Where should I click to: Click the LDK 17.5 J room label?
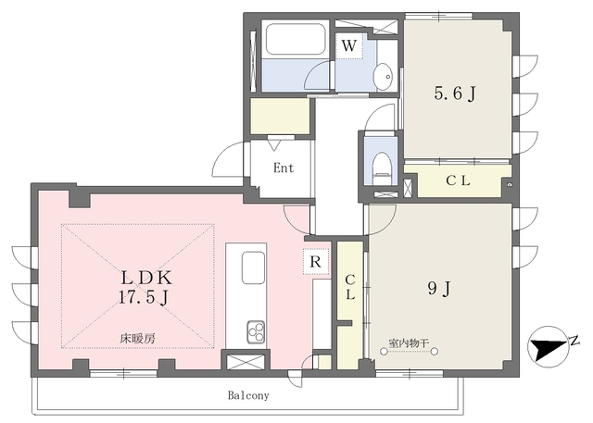coord(146,288)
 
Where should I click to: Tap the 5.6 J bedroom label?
coord(455,93)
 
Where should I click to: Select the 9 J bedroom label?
coord(438,290)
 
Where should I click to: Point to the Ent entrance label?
coord(284,168)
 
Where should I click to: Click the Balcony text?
coord(248,395)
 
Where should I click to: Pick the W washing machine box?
coord(349,45)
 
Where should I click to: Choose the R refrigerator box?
coord(315,261)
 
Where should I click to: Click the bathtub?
coord(296,39)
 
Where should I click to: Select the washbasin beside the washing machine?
coord(385,77)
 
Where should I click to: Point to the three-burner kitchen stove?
coord(256,331)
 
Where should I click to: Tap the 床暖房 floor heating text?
coord(138,339)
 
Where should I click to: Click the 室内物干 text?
coord(409,342)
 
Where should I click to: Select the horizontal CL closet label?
coord(458,180)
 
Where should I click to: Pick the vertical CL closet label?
coord(350,287)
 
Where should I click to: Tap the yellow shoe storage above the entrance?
coord(280,116)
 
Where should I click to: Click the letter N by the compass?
coord(574,341)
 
